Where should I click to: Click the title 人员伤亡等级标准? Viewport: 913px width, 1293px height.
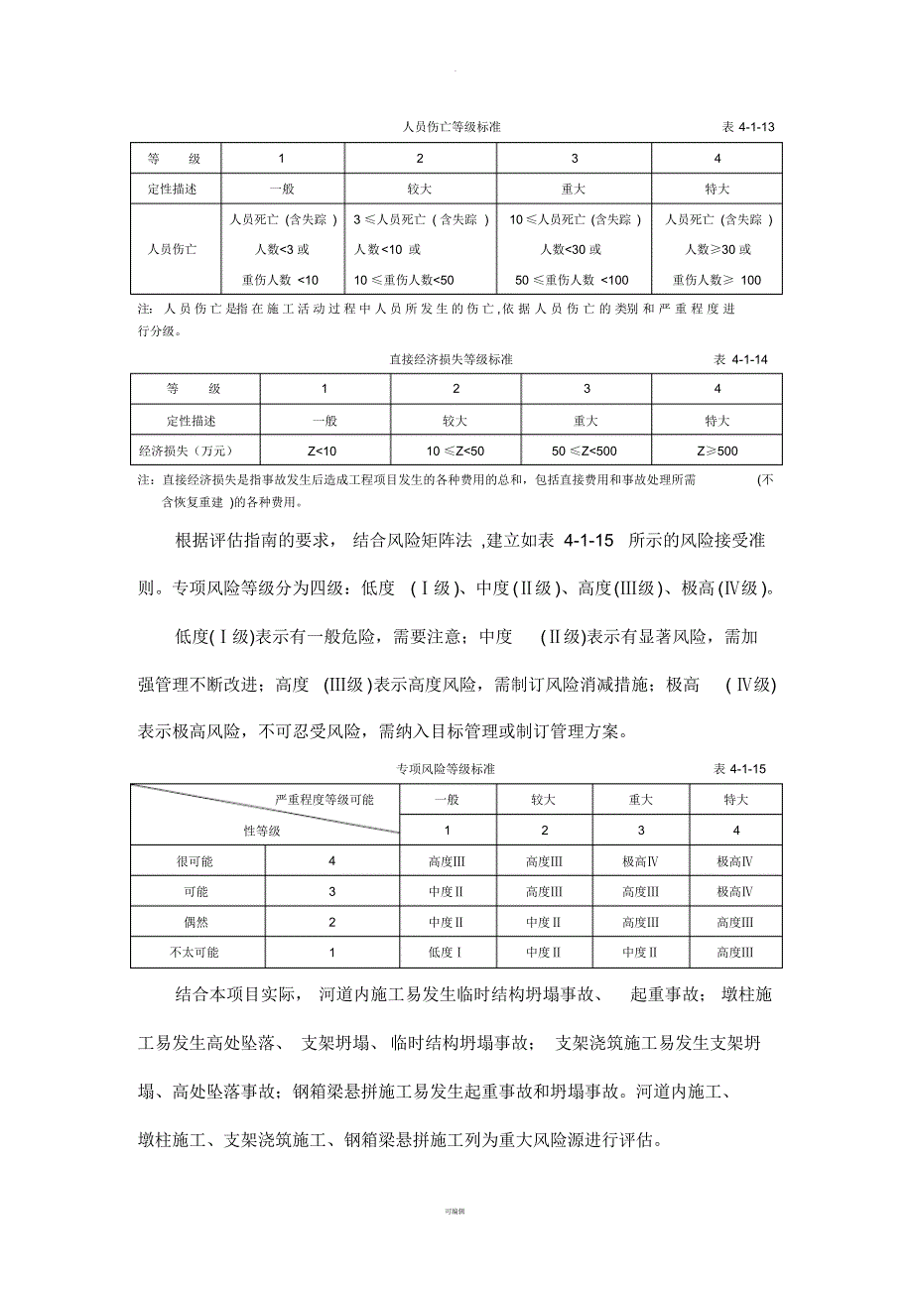pos(457,128)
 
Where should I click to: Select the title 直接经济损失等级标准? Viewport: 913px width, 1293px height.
pos(452,359)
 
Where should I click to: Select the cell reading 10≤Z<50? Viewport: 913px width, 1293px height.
pos(456,453)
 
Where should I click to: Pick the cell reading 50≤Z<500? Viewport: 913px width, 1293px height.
pos(586,453)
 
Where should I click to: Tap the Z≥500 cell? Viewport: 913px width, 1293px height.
pos(717,453)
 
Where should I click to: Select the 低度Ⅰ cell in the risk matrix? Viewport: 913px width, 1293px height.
pos(447,953)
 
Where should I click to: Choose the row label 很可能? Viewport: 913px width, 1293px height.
pos(196,861)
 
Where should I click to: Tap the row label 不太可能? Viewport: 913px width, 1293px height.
pos(196,953)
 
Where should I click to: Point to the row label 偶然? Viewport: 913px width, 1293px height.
pos(196,922)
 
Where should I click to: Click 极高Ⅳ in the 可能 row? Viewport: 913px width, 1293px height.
pos(735,892)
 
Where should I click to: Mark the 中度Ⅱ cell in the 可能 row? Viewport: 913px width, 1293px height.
pos(447,892)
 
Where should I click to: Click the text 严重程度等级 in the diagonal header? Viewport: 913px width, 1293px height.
pos(312,800)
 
